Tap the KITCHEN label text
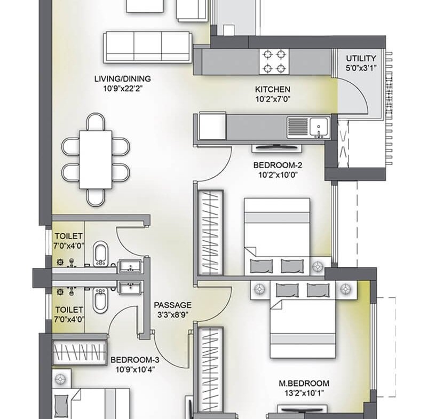click(x=273, y=89)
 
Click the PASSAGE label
click(x=172, y=305)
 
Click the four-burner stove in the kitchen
click(x=274, y=61)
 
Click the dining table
click(x=96, y=160)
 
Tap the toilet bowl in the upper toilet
click(x=100, y=254)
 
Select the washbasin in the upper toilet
click(x=130, y=266)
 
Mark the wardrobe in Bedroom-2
click(x=210, y=233)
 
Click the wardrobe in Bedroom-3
click(x=79, y=352)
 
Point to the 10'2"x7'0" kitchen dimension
click(x=273, y=99)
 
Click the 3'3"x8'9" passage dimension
click(x=172, y=315)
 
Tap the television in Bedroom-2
click(x=276, y=147)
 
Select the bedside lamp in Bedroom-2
click(x=318, y=266)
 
